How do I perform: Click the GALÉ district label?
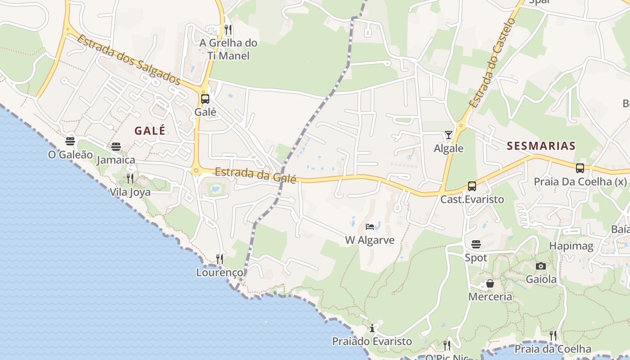tap(150, 130)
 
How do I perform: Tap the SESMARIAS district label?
tap(541, 146)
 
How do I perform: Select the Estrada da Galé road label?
tap(255, 175)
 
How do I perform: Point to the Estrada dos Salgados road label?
tap(129, 60)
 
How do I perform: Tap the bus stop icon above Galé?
tap(205, 99)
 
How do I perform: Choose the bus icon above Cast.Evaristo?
tap(472, 186)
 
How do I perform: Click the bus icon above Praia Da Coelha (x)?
tap(580, 168)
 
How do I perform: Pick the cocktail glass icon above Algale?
tap(449, 135)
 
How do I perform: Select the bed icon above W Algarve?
tap(370, 226)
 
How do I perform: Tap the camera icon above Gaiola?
tap(541, 266)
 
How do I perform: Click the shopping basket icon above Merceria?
tap(490, 283)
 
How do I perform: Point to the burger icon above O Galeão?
tap(70, 141)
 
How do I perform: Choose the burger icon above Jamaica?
tap(116, 147)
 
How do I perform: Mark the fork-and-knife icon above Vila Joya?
tap(130, 179)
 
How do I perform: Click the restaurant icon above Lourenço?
tap(220, 259)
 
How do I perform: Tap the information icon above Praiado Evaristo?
tap(372, 328)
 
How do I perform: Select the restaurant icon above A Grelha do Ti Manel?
tap(228, 30)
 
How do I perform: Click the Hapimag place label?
tap(571, 246)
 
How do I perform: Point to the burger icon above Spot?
tap(476, 244)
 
